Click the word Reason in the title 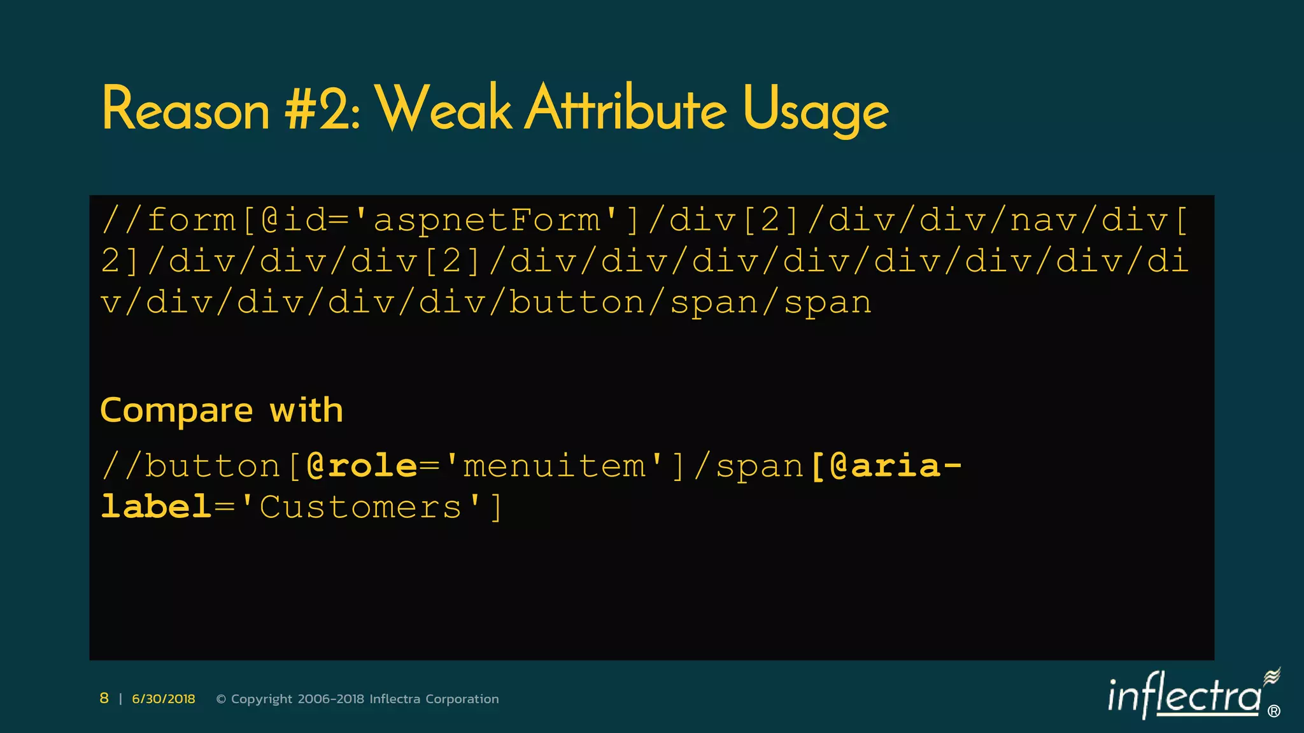pos(185,109)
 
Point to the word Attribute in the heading pos(627,109)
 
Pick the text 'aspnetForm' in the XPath pos(487,221)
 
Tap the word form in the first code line pos(191,221)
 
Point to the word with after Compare pos(306,410)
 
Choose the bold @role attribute pos(361,466)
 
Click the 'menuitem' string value pos(555,466)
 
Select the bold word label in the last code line pos(156,508)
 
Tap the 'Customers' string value pos(360,508)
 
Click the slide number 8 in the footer pos(104,699)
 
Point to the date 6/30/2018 pos(164,699)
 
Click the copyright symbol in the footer pos(221,699)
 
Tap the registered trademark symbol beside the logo pos(1274,711)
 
